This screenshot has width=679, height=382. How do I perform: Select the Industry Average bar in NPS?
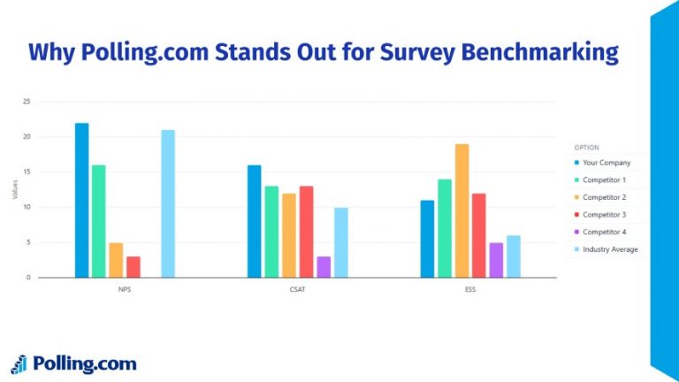168,203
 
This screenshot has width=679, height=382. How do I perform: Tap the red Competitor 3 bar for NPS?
134,267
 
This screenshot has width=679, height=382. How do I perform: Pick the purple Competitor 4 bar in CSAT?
324,267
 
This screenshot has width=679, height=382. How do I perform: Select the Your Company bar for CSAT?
255,221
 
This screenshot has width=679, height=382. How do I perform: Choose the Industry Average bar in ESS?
514,256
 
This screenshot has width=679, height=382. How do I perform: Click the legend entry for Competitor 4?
604,232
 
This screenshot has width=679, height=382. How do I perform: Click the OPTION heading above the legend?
586,147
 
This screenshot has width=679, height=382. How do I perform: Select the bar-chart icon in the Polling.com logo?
19,363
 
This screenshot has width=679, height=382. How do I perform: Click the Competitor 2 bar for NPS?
116,260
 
